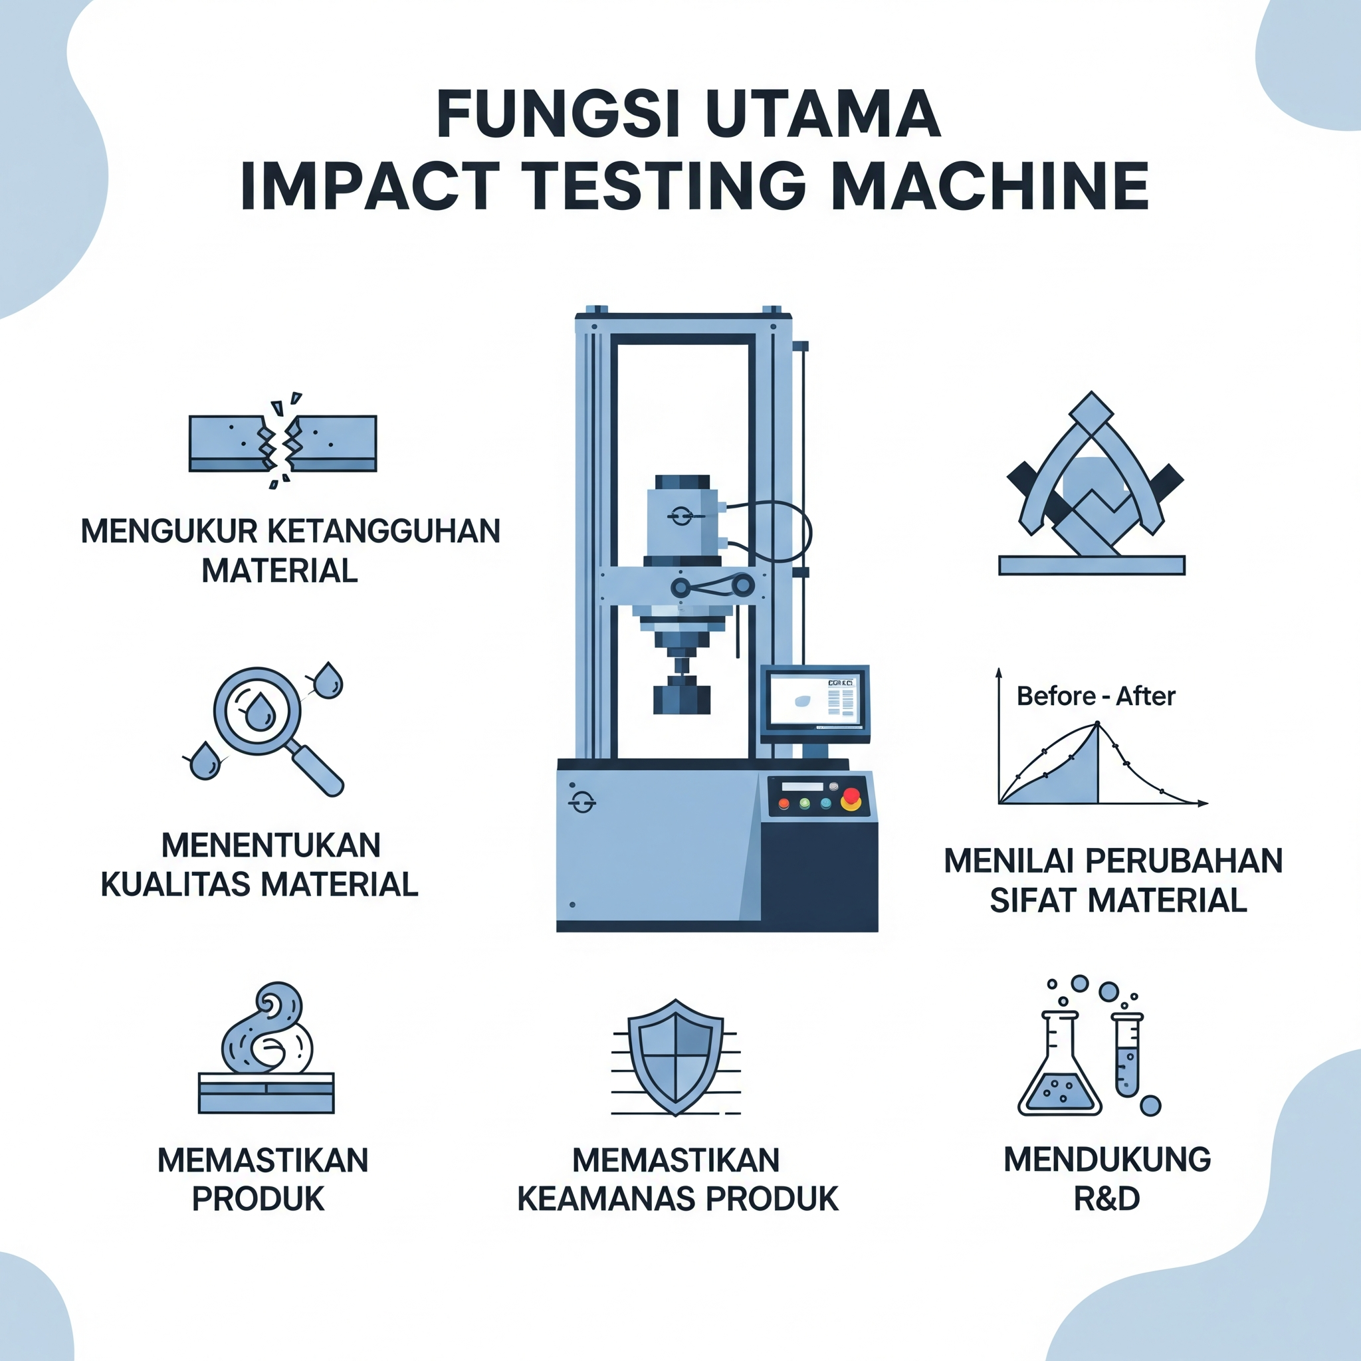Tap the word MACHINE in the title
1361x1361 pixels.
tap(990, 186)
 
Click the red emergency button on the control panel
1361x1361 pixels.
tap(852, 797)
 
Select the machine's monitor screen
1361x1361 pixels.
tap(815, 702)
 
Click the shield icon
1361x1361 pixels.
tap(676, 1057)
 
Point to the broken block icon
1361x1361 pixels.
tap(282, 443)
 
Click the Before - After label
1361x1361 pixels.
tap(1096, 696)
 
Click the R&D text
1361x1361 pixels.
tap(1106, 1198)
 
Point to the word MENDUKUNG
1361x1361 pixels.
tap(1107, 1160)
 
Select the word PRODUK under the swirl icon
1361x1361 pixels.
tap(259, 1199)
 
